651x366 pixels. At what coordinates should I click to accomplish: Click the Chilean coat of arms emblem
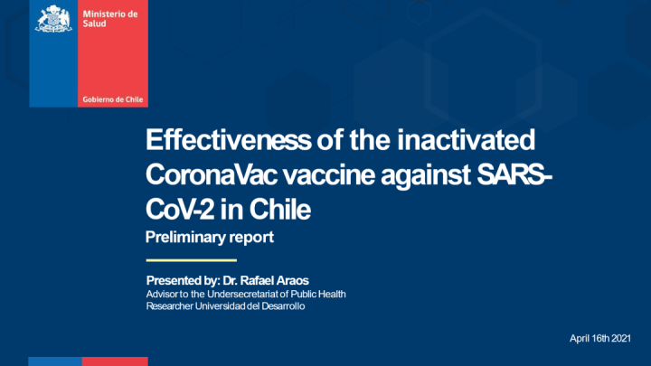coord(53,19)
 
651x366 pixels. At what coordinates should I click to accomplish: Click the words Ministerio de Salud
coord(110,19)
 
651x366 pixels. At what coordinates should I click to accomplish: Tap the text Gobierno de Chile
coord(112,99)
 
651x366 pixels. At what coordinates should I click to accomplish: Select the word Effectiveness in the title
coord(229,139)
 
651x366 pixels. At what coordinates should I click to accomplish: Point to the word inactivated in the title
coord(466,139)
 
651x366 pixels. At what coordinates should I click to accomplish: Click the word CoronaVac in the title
coord(212,174)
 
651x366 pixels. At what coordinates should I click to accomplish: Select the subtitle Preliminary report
coord(210,237)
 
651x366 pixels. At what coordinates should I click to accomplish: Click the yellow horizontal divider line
coord(192,260)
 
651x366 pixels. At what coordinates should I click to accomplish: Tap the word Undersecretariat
coord(242,295)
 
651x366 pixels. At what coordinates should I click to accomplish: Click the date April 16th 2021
coord(600,339)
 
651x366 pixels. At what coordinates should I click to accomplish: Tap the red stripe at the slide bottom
coord(115,361)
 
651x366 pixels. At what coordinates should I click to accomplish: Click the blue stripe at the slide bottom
coord(55,361)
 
